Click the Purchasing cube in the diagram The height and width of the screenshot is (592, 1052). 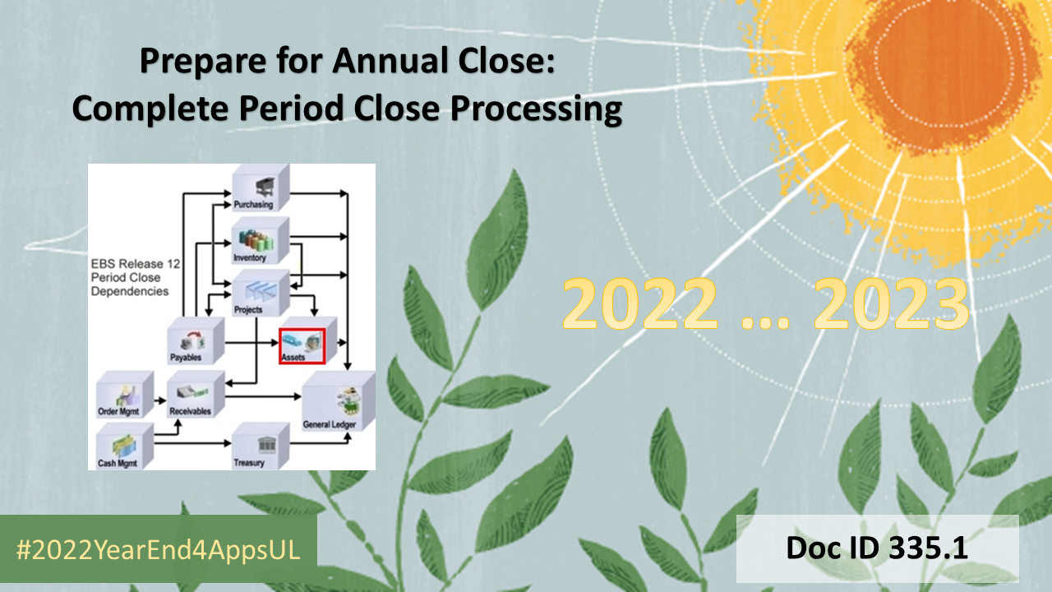point(261,187)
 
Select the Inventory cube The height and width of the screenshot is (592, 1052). point(261,241)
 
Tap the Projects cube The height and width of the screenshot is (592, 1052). point(261,291)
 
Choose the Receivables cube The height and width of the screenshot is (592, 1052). point(196,393)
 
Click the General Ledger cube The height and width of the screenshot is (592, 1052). point(338,399)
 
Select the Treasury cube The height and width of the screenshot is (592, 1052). point(260,445)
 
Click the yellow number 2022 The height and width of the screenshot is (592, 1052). point(639,303)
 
